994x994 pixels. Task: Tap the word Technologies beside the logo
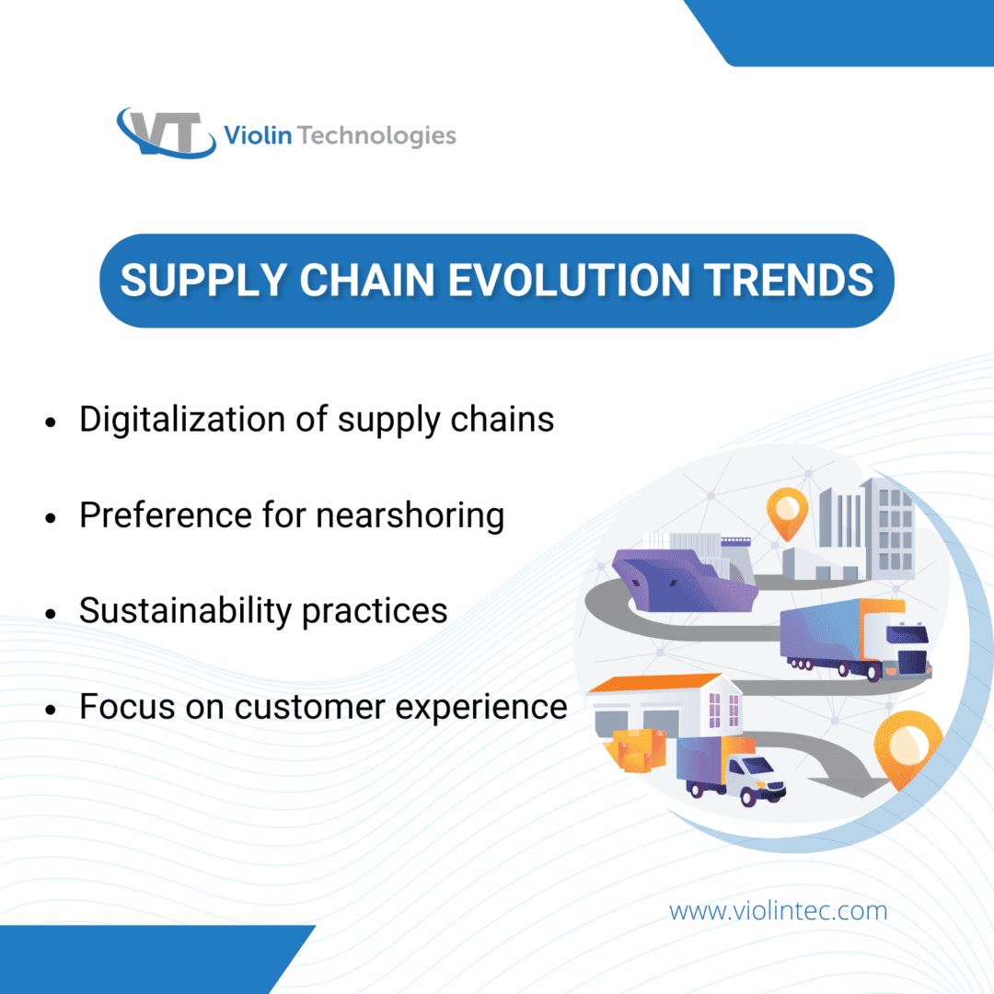[377, 137]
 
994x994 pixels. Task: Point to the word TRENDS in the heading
[792, 280]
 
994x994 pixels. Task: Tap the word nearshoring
[410, 515]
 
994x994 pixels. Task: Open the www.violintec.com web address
[778, 911]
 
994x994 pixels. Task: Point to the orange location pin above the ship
[787, 512]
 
